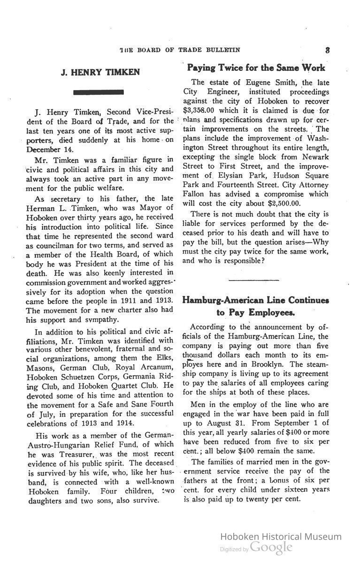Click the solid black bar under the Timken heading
point(99,92)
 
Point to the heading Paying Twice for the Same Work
point(256,68)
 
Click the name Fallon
point(194,194)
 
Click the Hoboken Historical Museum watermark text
point(281,537)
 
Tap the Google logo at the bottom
point(271,548)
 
